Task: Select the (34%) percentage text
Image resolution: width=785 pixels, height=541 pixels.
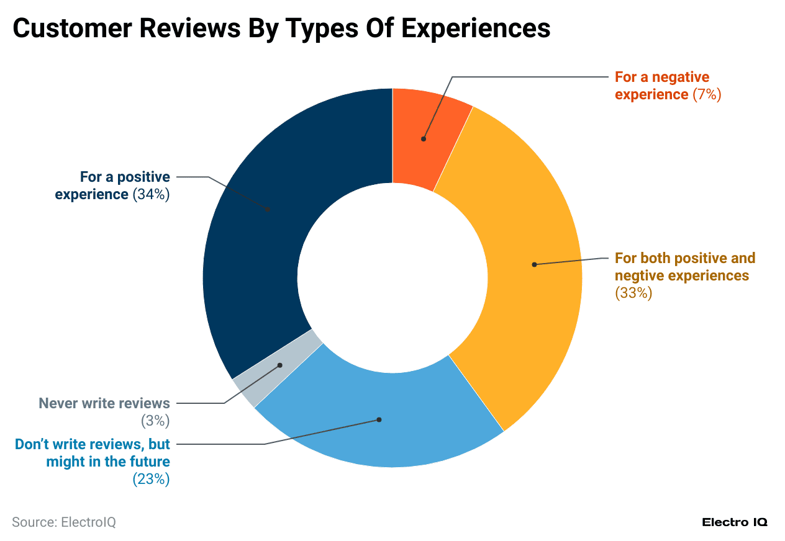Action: click(151, 194)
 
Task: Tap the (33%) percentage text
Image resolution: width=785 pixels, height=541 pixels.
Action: click(633, 293)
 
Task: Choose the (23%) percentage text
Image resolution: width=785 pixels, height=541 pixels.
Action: click(151, 479)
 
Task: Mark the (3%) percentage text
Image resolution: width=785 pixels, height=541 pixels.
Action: click(155, 421)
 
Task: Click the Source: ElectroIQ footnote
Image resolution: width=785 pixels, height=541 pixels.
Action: click(64, 522)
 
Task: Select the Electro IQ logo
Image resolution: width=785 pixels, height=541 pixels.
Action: click(735, 522)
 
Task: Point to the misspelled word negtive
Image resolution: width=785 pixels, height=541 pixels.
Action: click(640, 275)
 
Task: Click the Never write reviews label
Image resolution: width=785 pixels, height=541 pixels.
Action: click(104, 403)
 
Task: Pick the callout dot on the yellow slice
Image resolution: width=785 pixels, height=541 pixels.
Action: click(534, 264)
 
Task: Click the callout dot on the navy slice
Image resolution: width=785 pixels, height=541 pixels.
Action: click(268, 209)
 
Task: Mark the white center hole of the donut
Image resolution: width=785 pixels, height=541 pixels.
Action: click(392, 277)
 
